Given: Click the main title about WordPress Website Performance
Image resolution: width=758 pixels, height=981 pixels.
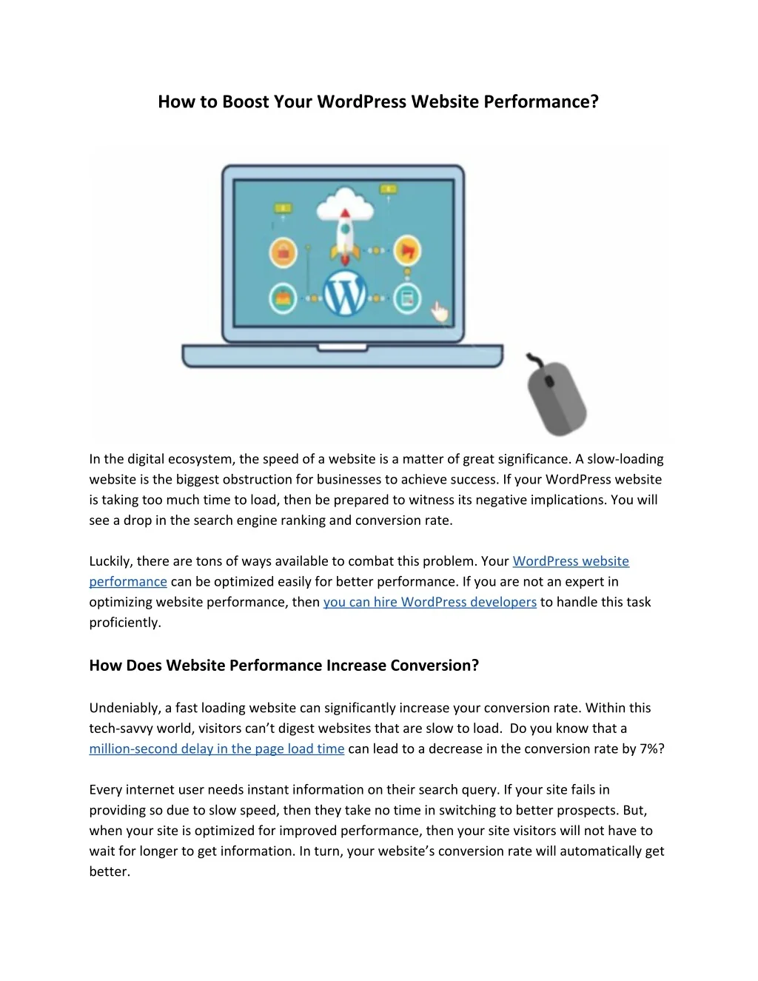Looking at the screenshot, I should [x=378, y=101].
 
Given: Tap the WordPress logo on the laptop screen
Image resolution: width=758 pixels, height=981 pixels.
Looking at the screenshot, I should [x=345, y=295].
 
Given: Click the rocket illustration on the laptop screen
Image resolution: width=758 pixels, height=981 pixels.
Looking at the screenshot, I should [x=344, y=236].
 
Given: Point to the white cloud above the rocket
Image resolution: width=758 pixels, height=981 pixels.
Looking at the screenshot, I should [x=344, y=202].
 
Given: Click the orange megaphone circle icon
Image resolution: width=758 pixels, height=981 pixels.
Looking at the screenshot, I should [x=406, y=250].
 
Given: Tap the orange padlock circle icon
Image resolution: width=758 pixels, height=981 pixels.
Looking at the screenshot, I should [x=283, y=252].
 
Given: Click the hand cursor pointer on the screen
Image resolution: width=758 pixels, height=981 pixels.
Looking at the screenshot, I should [x=440, y=312].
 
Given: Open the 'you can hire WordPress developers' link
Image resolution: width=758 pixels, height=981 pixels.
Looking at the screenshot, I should [x=429, y=602].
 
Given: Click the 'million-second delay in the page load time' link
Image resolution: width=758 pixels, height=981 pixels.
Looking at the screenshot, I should [x=216, y=749].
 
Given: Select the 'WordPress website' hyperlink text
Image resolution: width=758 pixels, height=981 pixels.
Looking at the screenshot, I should [x=571, y=561].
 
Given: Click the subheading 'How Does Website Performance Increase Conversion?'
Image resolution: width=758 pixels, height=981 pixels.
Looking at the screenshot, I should [x=284, y=665].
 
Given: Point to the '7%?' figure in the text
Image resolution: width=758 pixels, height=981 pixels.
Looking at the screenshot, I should [x=651, y=749].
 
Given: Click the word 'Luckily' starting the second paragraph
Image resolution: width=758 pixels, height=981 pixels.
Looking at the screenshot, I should [x=110, y=561].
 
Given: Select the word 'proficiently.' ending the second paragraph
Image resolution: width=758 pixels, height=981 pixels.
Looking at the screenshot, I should [x=125, y=623].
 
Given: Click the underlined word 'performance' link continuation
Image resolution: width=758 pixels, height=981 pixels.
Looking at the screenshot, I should [x=128, y=582].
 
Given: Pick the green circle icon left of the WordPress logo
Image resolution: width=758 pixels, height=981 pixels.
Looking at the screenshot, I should [x=283, y=298].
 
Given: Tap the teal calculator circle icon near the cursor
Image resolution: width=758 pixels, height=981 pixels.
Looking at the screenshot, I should [x=406, y=298].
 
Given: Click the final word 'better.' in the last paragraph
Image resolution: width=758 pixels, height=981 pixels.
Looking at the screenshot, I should [x=110, y=871].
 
